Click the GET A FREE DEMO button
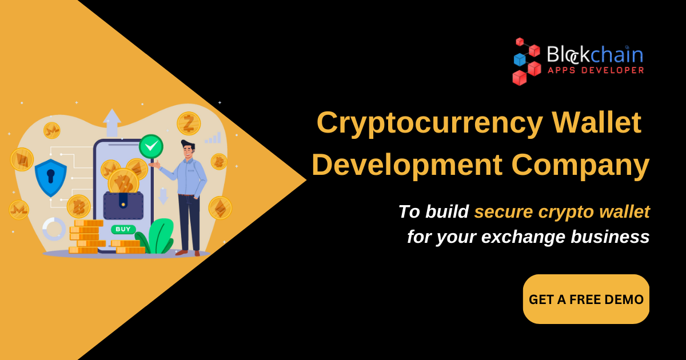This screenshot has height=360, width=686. click(x=586, y=299)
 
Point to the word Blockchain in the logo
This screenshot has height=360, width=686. click(x=595, y=55)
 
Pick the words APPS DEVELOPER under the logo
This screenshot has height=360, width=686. click(x=596, y=70)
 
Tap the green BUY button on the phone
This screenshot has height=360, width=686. click(x=123, y=229)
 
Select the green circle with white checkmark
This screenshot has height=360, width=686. click(x=151, y=147)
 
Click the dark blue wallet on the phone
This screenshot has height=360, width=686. click(x=123, y=205)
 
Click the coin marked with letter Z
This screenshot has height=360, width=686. click(x=188, y=123)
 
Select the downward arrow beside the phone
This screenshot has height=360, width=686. click(x=163, y=196)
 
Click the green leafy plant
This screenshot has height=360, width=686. click(x=155, y=236)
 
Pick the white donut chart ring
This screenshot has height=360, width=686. click(x=54, y=229)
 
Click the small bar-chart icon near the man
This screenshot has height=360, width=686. click(x=213, y=138)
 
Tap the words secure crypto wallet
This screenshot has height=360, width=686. click(x=561, y=211)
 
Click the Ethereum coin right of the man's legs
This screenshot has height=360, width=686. click(x=220, y=208)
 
